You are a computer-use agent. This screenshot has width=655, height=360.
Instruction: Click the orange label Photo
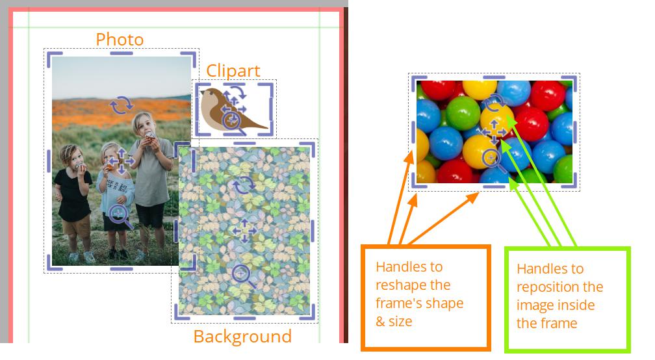[120, 40]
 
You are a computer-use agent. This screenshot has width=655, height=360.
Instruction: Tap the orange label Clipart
[233, 71]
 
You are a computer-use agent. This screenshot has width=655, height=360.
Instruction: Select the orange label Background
[242, 337]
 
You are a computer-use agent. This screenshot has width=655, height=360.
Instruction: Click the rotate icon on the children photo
[121, 105]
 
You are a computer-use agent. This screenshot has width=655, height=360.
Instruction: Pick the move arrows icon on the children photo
[121, 161]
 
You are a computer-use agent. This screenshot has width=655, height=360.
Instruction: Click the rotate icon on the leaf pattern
[244, 185]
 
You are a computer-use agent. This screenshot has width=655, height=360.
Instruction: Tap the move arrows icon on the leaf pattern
[244, 230]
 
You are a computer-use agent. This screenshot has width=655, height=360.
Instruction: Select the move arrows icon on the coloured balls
[494, 133]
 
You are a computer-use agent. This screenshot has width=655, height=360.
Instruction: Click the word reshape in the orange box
[413, 285]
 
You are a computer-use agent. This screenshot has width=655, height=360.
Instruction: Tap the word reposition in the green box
[559, 287]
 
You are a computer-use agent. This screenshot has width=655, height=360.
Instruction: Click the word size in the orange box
[400, 322]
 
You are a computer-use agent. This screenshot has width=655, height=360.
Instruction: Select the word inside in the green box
[574, 305]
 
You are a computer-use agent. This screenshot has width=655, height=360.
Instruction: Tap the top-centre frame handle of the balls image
[494, 78]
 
